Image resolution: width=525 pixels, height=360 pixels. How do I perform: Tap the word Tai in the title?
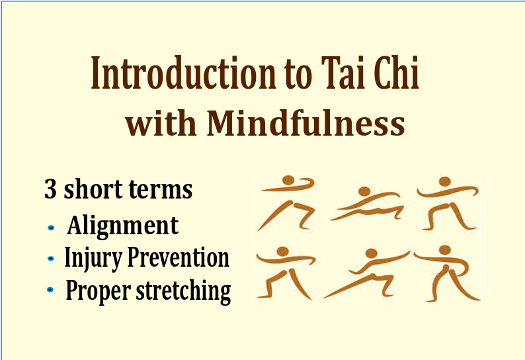pyautogui.click(x=342, y=73)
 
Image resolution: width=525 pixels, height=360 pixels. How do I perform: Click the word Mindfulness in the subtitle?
pyautogui.click(x=305, y=122)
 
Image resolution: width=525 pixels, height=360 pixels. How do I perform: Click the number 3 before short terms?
pyautogui.click(x=50, y=189)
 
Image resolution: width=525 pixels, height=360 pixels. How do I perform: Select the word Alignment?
pyautogui.click(x=122, y=226)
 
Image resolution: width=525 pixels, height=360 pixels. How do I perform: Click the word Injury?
pyautogui.click(x=91, y=259)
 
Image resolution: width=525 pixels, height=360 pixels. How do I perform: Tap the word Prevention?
pyautogui.click(x=179, y=257)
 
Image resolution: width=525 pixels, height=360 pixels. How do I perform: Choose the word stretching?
pyautogui.click(x=183, y=291)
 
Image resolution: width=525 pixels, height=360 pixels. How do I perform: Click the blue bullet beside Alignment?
pyautogui.click(x=51, y=228)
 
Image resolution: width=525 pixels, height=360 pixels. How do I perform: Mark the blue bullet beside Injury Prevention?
pyautogui.click(x=51, y=259)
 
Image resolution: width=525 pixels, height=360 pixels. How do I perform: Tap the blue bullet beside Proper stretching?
pyautogui.click(x=50, y=290)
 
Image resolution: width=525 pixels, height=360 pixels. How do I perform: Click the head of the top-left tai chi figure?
pyautogui.click(x=288, y=180)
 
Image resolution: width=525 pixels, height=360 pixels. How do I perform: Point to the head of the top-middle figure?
pyautogui.click(x=364, y=191)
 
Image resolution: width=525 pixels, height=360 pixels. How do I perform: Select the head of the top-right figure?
pyautogui.click(x=444, y=181)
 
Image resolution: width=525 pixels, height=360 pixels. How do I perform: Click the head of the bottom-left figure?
pyautogui.click(x=283, y=251)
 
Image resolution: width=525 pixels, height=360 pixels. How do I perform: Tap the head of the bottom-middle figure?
pyautogui.click(x=372, y=253)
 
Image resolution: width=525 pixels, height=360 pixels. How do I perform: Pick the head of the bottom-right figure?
pyautogui.click(x=445, y=250)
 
